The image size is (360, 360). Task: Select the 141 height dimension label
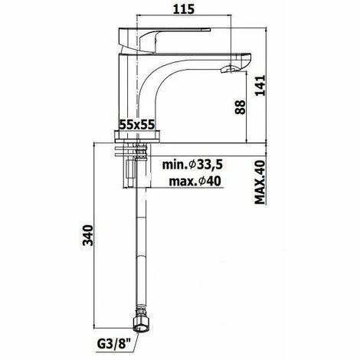tap(260, 86)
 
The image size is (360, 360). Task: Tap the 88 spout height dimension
tap(241, 107)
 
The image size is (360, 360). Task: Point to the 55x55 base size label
tap(137, 125)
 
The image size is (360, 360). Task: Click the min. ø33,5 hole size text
tap(192, 165)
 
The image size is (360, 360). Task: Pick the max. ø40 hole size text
tap(195, 182)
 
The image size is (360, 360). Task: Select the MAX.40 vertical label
tap(260, 182)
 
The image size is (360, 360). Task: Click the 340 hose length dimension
tap(88, 235)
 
